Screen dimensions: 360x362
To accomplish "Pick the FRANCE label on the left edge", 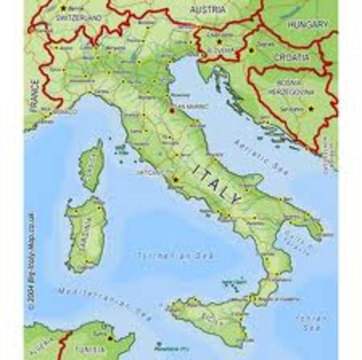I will point(33,95).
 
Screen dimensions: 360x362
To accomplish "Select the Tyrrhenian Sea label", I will point(167,256).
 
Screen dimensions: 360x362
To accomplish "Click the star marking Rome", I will point(175,181).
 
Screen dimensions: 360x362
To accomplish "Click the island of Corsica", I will point(92,166).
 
